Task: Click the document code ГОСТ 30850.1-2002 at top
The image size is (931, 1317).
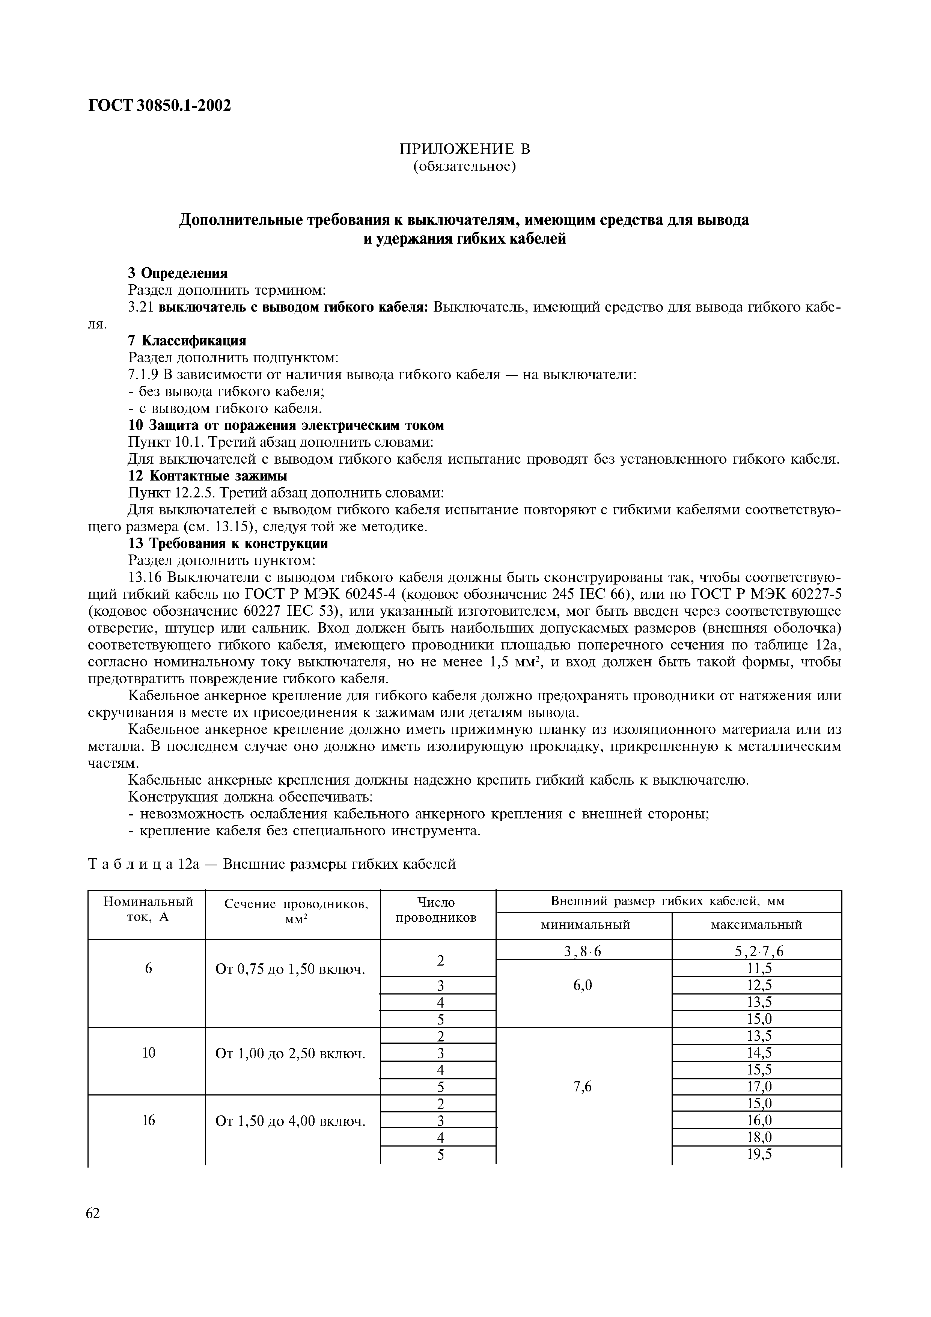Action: [x=160, y=105]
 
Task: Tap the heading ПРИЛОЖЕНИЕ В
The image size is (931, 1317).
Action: [x=465, y=149]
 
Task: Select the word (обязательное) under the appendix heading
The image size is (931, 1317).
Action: [x=465, y=167]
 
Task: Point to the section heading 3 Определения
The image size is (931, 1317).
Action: [x=178, y=273]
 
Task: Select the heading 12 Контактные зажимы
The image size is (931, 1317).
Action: [x=207, y=476]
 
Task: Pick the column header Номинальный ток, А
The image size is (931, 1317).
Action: [x=148, y=909]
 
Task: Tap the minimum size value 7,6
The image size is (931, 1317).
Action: [x=583, y=1086]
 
